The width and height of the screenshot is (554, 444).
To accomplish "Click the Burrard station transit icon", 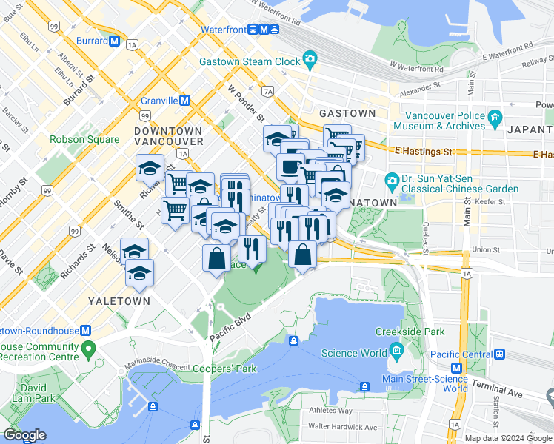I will click(114, 41).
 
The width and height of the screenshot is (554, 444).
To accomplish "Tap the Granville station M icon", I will click(184, 100).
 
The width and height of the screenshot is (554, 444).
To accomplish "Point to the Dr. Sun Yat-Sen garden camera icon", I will click(391, 180).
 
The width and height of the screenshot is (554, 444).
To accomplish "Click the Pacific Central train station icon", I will click(501, 354).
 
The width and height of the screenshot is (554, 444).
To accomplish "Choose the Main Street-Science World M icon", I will click(456, 368).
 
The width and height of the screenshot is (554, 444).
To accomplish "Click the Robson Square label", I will click(84, 139).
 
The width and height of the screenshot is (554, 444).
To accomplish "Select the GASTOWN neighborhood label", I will click(347, 113).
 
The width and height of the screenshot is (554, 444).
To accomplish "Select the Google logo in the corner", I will click(24, 434).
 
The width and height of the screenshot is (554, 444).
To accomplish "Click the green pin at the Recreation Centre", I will click(89, 347).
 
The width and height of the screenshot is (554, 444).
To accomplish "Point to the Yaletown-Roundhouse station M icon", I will click(86, 330).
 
